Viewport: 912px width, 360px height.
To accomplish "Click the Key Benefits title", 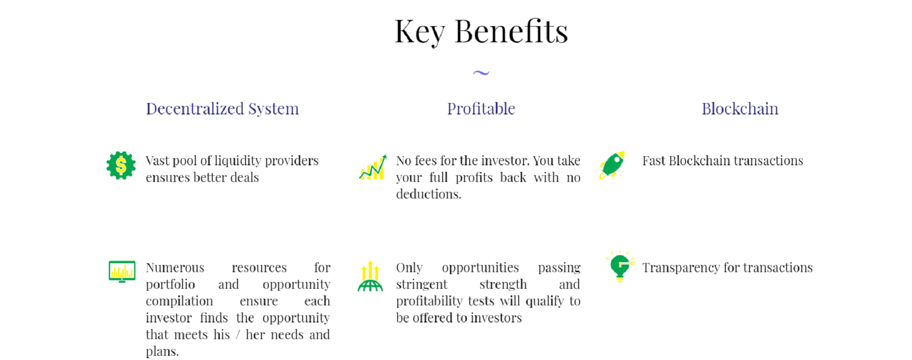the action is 481,32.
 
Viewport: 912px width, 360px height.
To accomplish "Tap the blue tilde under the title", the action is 481,73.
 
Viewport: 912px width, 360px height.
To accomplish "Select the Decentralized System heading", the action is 222,109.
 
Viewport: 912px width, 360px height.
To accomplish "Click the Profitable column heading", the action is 481,109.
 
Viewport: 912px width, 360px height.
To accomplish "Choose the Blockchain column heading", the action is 740,109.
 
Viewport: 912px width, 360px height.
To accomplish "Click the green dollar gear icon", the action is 121,165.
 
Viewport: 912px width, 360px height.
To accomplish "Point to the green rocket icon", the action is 612,165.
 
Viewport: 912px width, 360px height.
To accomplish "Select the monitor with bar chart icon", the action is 122,272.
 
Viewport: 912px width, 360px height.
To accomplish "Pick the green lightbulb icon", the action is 620,266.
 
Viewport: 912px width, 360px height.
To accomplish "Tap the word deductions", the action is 428,194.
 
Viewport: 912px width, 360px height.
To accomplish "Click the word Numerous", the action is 175,268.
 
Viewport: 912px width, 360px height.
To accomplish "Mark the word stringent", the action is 422,285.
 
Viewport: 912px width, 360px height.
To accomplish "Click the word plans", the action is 162,352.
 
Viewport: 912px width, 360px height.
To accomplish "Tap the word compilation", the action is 180,302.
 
